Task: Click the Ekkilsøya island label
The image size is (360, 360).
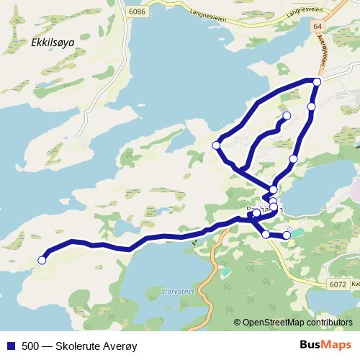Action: [53, 42]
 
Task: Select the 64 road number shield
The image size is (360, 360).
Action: [318, 26]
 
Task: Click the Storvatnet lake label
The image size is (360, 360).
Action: [170, 293]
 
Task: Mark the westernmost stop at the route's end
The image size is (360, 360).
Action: [42, 260]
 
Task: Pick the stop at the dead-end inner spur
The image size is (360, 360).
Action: [287, 115]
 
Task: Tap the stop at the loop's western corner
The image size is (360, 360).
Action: [216, 145]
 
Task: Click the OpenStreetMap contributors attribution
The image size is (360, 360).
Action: [297, 323]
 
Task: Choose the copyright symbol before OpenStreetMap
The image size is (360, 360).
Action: [238, 323]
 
